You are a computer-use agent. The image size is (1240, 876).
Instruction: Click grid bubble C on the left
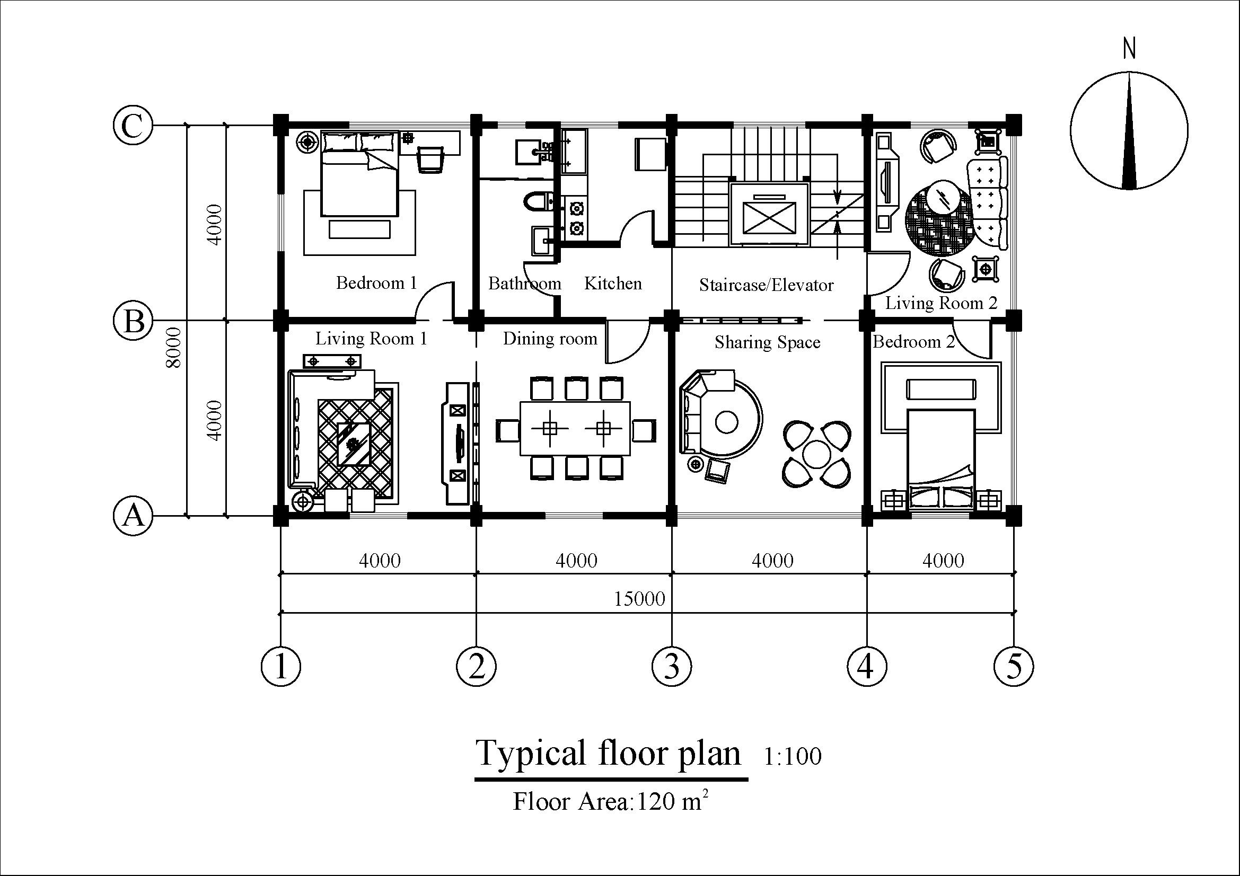coord(133,125)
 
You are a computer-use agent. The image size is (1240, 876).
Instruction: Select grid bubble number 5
coord(1014,666)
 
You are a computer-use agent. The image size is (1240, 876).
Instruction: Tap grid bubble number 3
coord(671,666)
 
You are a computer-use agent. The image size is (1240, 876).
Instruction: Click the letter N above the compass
coord(1129,49)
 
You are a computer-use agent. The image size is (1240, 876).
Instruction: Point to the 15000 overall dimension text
coord(639,598)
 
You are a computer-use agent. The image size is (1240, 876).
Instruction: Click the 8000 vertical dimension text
coord(174,348)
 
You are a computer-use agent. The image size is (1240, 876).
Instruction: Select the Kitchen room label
coord(613,284)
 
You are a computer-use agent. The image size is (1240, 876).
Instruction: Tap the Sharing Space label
coord(768,342)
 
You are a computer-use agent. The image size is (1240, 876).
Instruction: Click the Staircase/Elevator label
coord(767,285)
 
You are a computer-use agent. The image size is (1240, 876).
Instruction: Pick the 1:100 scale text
coord(792,756)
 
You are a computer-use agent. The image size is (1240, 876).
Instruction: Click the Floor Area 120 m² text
coord(610,800)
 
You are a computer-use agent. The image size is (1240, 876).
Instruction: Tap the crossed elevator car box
coord(770,217)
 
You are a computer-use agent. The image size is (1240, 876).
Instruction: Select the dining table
coord(575,429)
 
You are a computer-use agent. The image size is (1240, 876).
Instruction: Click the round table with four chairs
coord(816,454)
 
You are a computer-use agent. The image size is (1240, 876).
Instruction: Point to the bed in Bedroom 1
coord(359,173)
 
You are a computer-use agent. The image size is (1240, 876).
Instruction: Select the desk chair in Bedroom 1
coord(430,160)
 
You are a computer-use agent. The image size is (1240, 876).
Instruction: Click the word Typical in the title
coord(531,754)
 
